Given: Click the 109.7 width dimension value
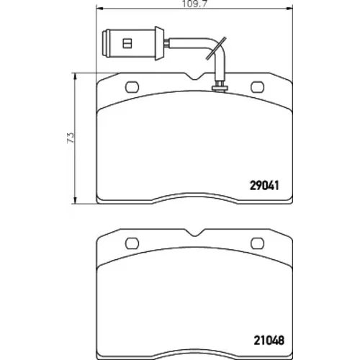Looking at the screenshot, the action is point(194,4).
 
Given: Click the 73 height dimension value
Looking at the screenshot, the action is point(71,138).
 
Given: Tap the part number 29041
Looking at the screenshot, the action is point(264,186).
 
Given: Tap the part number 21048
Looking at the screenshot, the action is point(269,340).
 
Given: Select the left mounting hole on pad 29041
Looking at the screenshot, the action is point(132,87).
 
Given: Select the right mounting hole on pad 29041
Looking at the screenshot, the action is point(257,87).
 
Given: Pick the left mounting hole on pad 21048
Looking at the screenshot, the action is point(132,243).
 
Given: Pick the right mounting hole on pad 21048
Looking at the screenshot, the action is point(257,243).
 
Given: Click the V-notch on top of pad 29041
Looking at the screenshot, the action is point(196,77).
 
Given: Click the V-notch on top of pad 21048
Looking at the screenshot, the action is point(196,233).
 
